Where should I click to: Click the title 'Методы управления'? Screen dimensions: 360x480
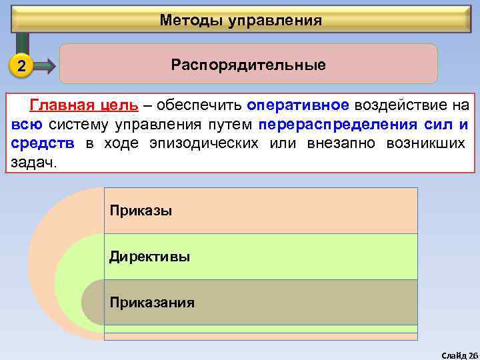click(x=241, y=21)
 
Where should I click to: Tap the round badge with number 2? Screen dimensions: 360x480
click(x=22, y=66)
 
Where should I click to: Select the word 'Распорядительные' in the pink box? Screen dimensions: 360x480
click(x=248, y=65)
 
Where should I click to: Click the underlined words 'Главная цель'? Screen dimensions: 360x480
click(x=84, y=105)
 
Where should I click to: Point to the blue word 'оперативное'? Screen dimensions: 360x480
click(x=298, y=105)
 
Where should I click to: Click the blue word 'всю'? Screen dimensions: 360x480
click(x=27, y=125)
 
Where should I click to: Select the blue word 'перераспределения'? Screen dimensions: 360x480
click(x=338, y=125)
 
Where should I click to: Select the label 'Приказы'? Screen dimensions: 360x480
click(x=141, y=211)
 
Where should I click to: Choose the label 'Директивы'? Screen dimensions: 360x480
click(x=150, y=257)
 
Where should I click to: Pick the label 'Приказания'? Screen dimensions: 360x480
click(x=153, y=303)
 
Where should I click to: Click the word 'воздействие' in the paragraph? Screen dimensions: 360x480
click(x=398, y=105)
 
